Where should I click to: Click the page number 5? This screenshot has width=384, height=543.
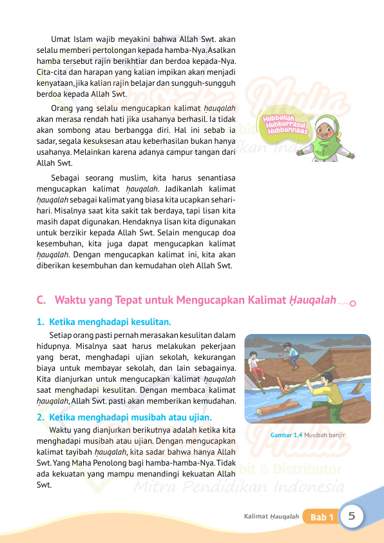point(352,516)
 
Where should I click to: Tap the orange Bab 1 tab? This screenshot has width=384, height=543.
point(322,517)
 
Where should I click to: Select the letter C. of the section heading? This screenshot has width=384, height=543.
point(41,300)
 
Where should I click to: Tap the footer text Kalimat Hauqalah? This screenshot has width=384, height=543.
point(271,517)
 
